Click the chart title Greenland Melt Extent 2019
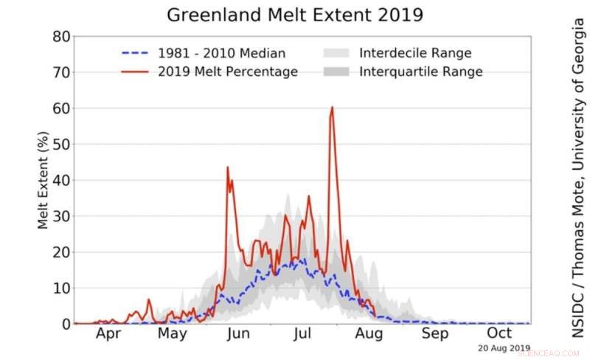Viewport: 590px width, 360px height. pos(295,14)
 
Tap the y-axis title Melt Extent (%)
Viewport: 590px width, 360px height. pos(44,180)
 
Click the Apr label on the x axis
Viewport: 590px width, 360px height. pos(108,333)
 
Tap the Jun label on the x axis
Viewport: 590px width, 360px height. pos(237,333)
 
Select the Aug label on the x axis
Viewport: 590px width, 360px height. pos(369,333)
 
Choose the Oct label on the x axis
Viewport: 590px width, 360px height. pos(499,333)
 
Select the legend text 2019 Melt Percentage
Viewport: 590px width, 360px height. pos(227,72)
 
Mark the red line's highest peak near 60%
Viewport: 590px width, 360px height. pos(332,108)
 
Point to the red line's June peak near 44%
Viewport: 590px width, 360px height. pos(228,167)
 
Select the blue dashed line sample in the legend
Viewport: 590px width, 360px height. pos(135,53)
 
